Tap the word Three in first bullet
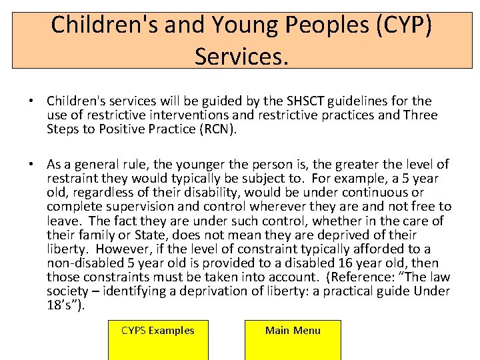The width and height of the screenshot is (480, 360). pos(420,115)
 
